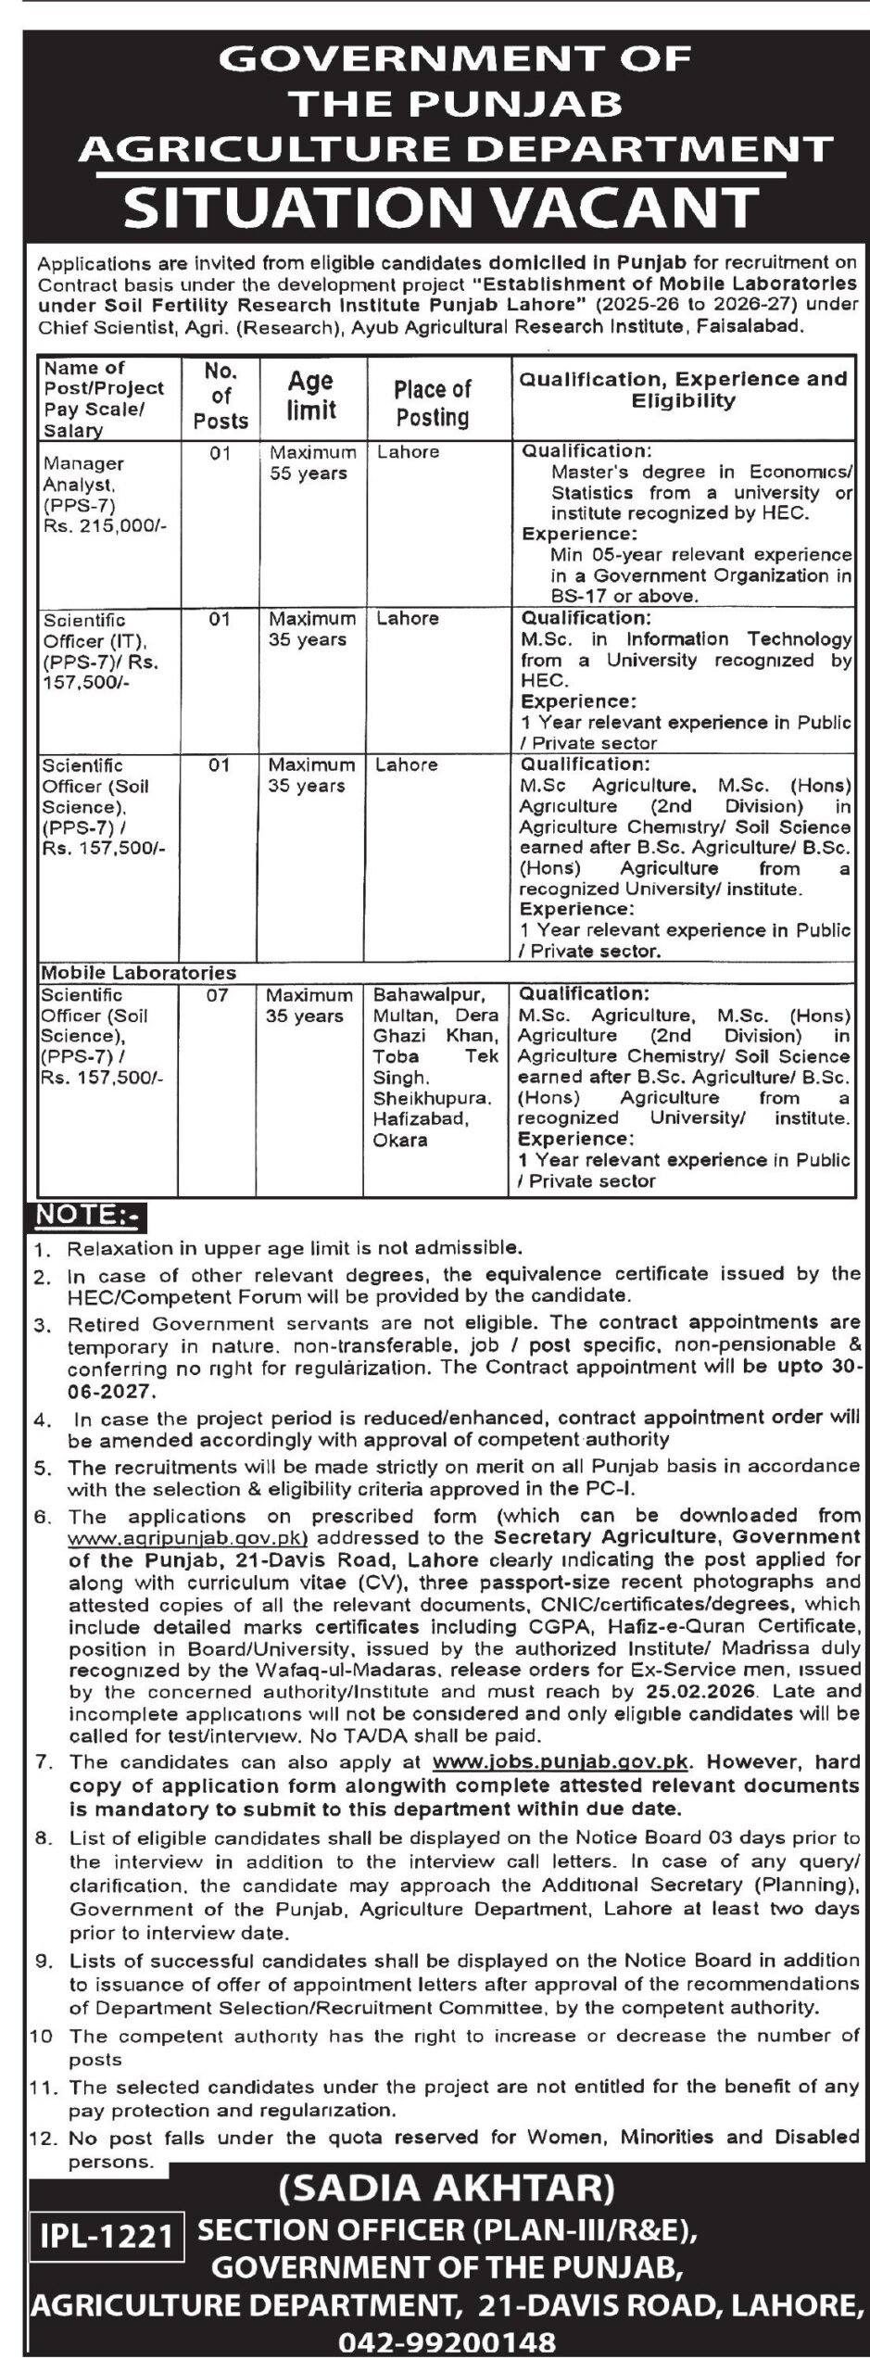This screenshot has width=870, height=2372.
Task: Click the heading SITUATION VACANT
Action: (x=441, y=206)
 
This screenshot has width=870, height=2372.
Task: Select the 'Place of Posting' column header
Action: (x=432, y=403)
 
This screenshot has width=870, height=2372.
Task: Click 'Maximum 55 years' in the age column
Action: (x=312, y=463)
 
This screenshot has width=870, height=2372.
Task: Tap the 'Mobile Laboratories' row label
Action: (x=137, y=973)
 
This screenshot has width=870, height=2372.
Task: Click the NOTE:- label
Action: (x=80, y=1215)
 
